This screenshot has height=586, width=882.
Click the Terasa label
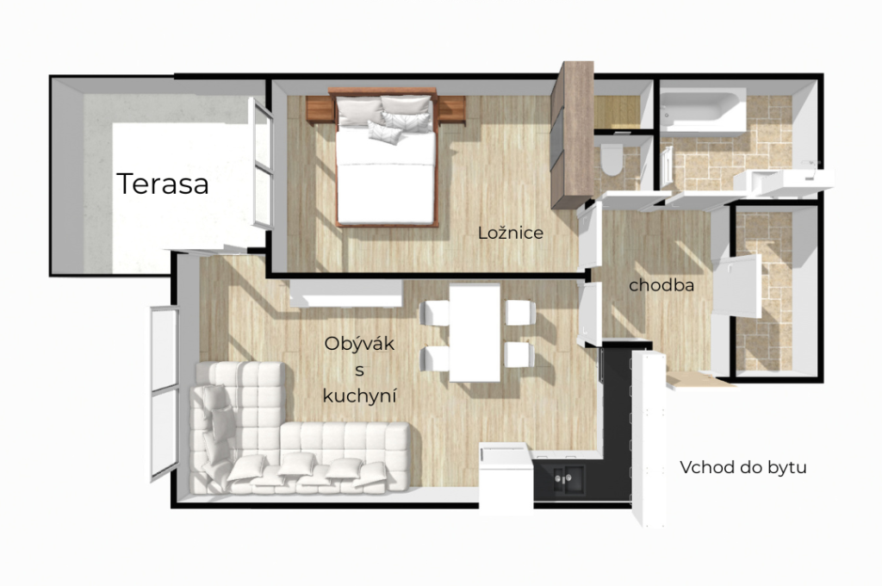point(163,184)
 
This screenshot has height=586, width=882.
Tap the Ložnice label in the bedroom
point(511,233)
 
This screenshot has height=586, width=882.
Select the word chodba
point(661,285)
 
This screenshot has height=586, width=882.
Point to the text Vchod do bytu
point(743,467)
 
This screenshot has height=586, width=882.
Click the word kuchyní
point(359,396)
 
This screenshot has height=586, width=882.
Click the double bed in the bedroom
point(386,157)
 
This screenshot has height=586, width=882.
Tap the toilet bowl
point(611,159)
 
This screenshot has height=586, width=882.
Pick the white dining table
point(475,333)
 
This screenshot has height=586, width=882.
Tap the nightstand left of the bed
point(320,109)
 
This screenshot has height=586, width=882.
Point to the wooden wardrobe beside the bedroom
point(572,134)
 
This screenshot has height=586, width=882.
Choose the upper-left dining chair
point(435,313)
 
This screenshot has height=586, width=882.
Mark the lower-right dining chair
point(519,355)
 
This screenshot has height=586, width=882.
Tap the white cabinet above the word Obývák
point(346,293)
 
